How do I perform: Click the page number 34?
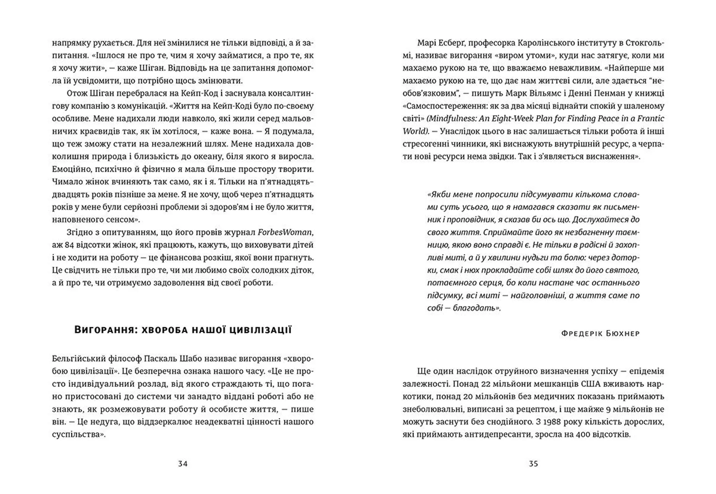coord(183,464)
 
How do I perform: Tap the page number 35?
coord(534,464)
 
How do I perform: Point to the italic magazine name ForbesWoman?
coord(285,232)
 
